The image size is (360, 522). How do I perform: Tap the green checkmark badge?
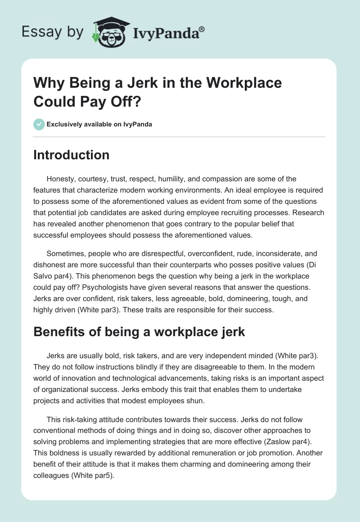click(39, 124)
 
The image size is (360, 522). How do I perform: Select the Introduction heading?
click(72, 155)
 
